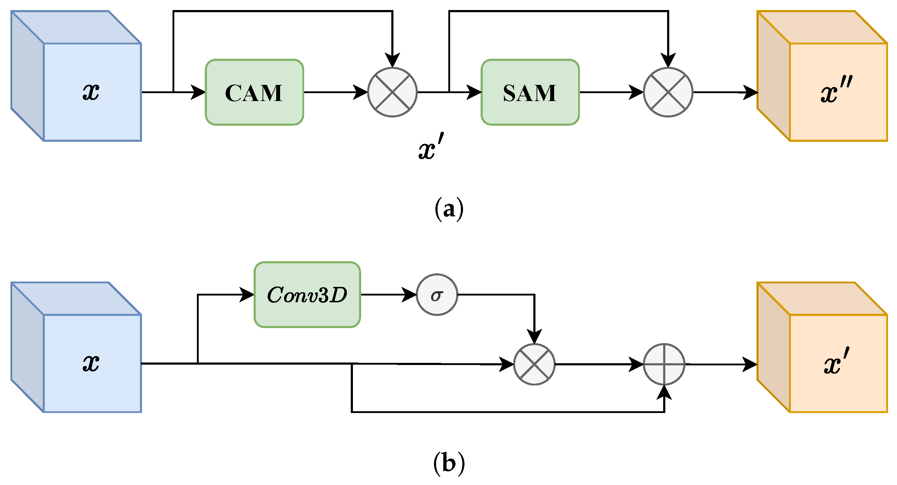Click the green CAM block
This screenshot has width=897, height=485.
click(254, 92)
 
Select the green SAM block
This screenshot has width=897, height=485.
click(530, 92)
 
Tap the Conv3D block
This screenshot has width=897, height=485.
click(307, 294)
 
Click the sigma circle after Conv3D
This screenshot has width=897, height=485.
click(436, 294)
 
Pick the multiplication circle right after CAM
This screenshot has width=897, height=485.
click(392, 92)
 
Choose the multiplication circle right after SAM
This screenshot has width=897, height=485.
click(668, 92)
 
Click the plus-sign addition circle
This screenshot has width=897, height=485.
click(664, 364)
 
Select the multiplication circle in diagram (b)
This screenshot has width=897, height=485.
click(534, 364)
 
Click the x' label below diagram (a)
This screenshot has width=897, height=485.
click(431, 146)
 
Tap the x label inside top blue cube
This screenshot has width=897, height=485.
click(91, 92)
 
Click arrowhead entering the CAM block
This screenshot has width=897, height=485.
click(198, 92)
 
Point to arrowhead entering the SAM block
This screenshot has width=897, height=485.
click(474, 92)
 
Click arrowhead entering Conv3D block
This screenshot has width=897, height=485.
click(247, 294)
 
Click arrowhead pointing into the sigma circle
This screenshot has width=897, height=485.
click(409, 294)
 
